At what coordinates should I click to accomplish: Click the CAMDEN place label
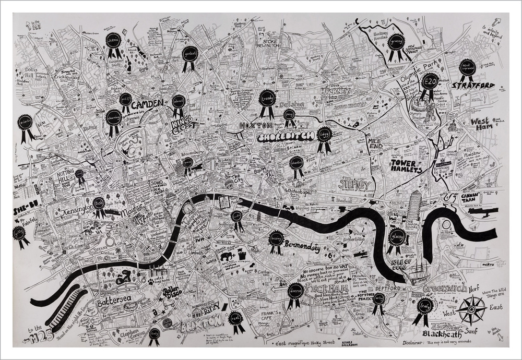click(x=148, y=103)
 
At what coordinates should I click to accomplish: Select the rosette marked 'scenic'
click(x=114, y=42)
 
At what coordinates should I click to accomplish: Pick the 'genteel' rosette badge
click(x=189, y=54)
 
